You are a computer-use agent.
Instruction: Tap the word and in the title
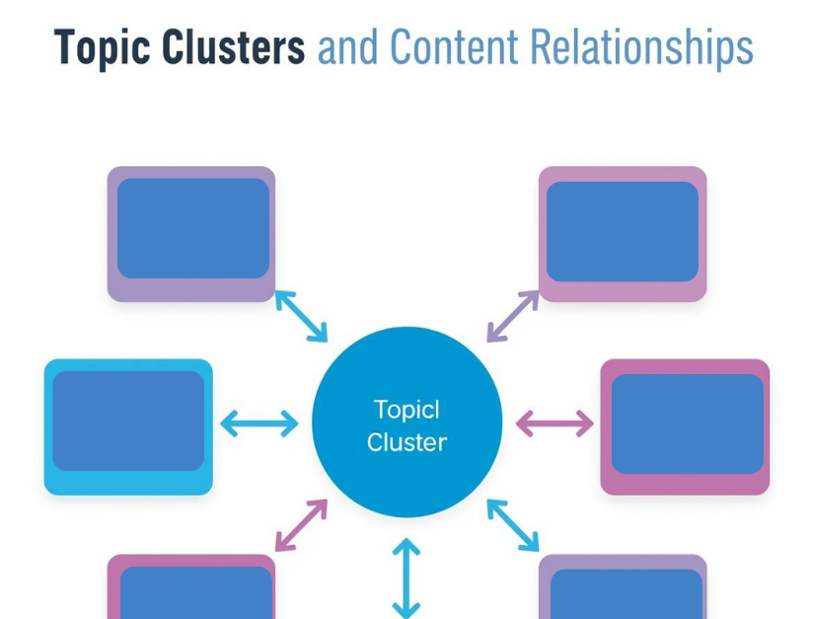click(x=348, y=47)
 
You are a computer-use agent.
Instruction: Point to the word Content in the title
click(x=454, y=47)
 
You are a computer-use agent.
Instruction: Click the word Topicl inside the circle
click(x=406, y=409)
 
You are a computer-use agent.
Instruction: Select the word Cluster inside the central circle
click(x=406, y=442)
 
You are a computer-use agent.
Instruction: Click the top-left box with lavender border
click(x=191, y=233)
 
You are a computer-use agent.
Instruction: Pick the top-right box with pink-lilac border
click(x=623, y=233)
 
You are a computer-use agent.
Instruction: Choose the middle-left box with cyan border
click(x=128, y=426)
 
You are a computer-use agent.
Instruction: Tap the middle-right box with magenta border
click(x=685, y=426)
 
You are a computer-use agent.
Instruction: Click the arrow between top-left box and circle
click(x=301, y=316)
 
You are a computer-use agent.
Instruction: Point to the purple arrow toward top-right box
click(x=513, y=316)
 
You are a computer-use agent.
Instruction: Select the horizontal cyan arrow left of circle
click(x=259, y=424)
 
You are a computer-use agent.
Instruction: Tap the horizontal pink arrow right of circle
click(x=555, y=424)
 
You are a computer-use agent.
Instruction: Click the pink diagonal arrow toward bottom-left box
click(x=301, y=524)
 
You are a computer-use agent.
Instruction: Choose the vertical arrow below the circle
click(x=406, y=578)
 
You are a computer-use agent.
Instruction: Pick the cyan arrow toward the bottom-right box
click(x=513, y=525)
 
